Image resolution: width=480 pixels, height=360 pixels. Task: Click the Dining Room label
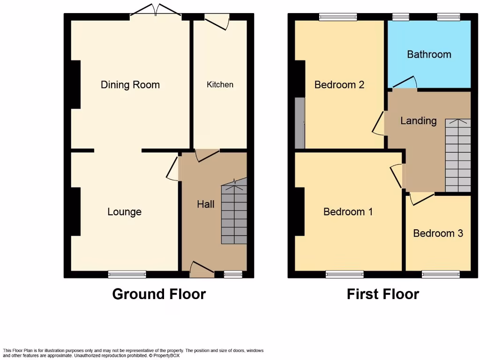pos(130,85)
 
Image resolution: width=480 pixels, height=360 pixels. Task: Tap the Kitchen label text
pos(220,84)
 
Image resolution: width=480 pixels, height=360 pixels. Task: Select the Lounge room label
pos(124,212)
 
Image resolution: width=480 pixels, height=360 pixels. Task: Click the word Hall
pos(206,204)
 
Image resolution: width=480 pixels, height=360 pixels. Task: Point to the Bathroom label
pos(429,54)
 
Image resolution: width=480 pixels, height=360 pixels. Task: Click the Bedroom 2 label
pos(339,85)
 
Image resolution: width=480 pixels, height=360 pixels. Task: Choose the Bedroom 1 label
pos(348,212)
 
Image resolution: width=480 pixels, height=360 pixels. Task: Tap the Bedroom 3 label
pos(438,233)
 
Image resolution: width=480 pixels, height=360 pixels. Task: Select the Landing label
pos(418,121)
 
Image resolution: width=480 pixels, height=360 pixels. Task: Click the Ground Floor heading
pos(159,294)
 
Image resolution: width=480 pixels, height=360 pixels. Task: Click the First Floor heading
pos(382,294)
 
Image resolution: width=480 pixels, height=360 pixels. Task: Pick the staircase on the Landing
pos(457,155)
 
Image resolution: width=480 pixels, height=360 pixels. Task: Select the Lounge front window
pos(127,274)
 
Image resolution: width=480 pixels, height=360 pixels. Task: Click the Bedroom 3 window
pos(441,274)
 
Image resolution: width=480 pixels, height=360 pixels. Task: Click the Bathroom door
pos(404,82)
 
